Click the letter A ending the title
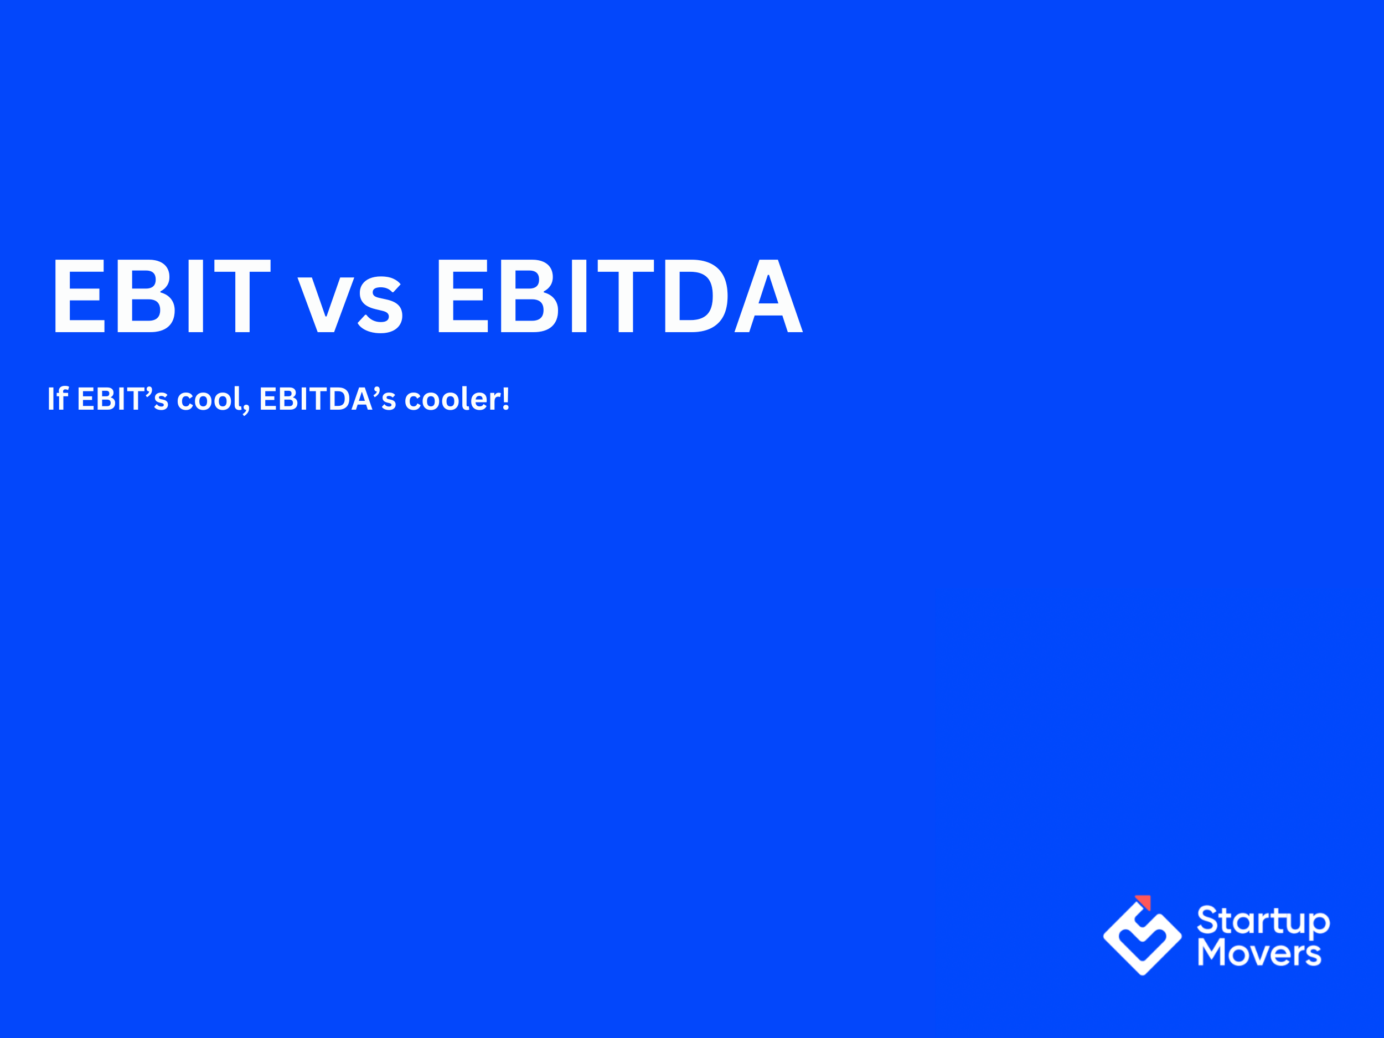coord(768,295)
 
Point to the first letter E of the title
coord(79,295)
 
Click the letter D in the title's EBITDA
coord(696,295)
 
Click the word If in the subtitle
coord(58,399)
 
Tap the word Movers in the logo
coord(1259,953)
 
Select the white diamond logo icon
coord(1143,938)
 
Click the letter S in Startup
coord(1208,921)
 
